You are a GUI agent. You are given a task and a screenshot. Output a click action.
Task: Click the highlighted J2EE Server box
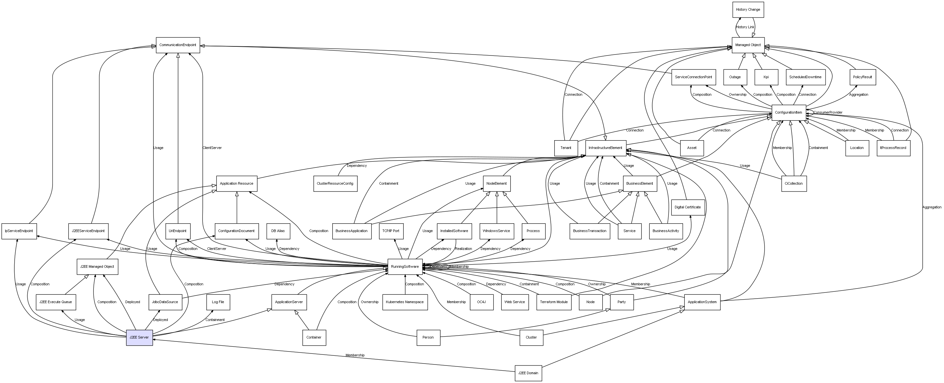(139, 338)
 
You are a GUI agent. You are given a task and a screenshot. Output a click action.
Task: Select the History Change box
(748, 9)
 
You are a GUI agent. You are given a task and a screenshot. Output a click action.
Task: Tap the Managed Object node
(748, 45)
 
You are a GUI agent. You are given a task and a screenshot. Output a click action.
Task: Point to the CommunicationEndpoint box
(178, 45)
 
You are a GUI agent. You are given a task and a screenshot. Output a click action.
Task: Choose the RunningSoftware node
(405, 266)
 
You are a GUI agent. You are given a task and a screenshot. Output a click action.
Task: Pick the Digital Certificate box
(688, 207)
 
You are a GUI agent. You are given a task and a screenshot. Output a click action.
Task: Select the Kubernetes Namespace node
(405, 302)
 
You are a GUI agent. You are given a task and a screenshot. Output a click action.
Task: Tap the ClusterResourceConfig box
(335, 183)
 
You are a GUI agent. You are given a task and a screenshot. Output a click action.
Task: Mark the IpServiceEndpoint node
(19, 231)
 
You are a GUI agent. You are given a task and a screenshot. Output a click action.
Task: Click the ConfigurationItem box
(788, 113)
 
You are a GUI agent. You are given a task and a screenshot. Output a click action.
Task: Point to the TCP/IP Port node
(391, 231)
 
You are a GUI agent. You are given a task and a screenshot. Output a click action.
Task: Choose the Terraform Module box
(554, 302)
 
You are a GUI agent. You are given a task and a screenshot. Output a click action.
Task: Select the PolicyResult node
(863, 77)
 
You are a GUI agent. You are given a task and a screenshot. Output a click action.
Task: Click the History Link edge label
(745, 27)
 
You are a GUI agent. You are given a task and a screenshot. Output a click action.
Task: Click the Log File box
(218, 302)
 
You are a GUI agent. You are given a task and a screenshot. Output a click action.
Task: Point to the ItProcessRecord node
(893, 148)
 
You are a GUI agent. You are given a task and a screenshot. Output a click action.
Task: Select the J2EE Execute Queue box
(56, 302)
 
